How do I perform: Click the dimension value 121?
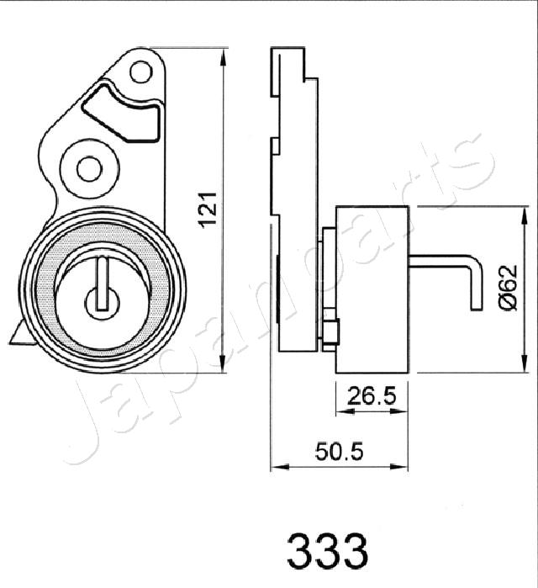point(209,210)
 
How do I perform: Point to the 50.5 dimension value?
point(340,453)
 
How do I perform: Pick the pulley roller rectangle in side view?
point(372,289)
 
